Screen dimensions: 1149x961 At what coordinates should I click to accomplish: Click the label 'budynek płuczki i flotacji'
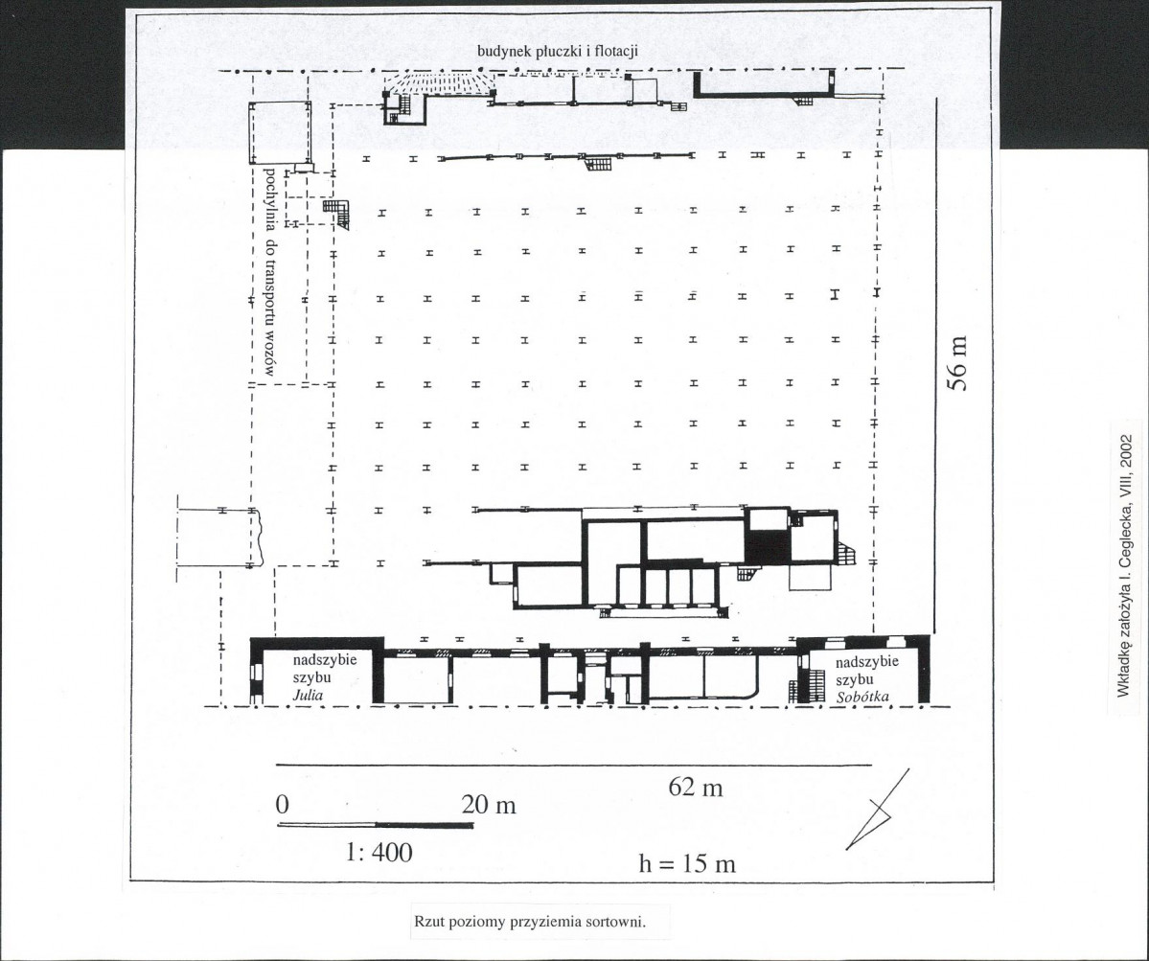coord(558,52)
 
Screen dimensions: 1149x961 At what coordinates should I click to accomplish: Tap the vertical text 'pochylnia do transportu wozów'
coord(269,272)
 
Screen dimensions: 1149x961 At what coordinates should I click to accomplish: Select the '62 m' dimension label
coord(696,788)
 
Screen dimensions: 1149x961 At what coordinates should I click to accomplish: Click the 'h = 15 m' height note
coord(686,864)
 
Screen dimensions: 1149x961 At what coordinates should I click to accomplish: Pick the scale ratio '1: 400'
coord(379,852)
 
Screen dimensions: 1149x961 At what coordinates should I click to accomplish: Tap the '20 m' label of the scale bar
coord(489,805)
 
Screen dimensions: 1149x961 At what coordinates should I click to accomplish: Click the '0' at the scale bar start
coord(283,805)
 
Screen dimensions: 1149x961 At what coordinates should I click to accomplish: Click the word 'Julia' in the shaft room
coord(308,696)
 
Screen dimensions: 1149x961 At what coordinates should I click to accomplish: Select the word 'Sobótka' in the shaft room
coord(862,697)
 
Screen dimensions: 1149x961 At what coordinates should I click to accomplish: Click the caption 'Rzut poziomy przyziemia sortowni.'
coord(530,922)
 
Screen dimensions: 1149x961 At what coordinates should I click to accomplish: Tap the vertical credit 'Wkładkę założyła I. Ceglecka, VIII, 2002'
coord(1126,566)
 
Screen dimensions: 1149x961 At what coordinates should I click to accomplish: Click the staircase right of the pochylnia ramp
coord(337,214)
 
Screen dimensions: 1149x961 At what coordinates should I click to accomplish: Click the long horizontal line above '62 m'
coord(574,765)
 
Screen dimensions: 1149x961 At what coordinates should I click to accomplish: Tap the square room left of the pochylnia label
coord(279,134)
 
